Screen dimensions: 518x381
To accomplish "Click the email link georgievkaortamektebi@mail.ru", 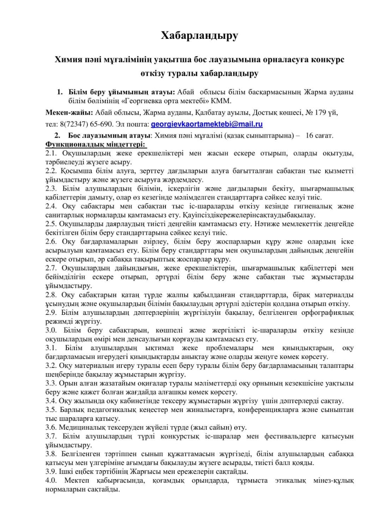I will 207,124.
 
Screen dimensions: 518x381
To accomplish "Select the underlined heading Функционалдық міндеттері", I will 95,144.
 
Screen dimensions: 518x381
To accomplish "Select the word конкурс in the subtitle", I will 328,59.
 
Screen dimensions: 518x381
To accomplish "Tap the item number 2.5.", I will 51,224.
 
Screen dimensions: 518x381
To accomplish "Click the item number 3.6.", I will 51,427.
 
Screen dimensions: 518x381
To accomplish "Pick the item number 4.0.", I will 51,480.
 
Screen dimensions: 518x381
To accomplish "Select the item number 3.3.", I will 51,383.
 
